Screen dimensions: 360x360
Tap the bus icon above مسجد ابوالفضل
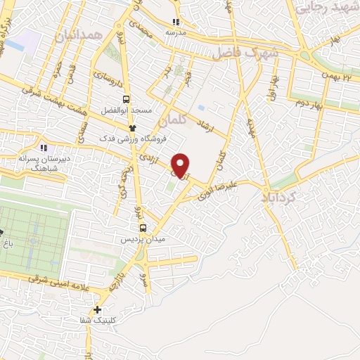(x=127, y=99)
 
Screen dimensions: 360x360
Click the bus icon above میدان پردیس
(x=143, y=229)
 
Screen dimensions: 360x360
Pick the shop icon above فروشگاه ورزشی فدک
(x=131, y=127)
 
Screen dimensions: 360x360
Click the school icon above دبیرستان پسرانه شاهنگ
(x=44, y=148)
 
